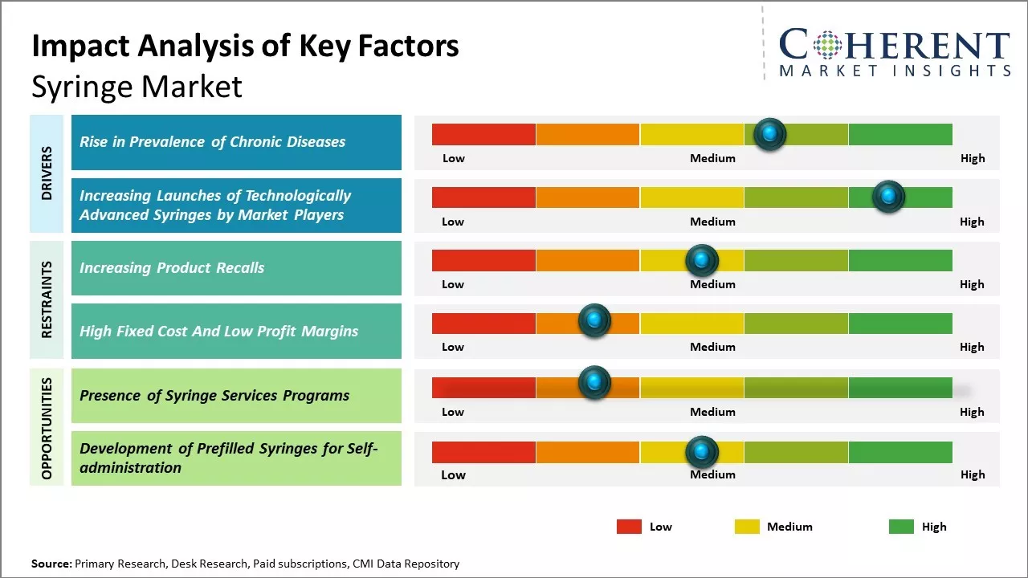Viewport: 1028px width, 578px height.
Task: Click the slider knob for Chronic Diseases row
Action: pos(770,134)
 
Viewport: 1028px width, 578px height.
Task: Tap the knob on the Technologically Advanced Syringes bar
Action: pos(888,197)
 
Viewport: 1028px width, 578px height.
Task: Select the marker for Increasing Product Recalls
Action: pos(702,260)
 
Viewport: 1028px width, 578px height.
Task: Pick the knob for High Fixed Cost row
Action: pos(594,321)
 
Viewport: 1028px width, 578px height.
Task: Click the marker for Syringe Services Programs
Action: pos(594,383)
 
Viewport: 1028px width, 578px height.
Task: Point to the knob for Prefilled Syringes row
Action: pos(702,452)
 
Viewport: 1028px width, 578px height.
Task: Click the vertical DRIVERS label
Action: pos(47,173)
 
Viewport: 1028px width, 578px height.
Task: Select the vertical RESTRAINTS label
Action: pos(47,299)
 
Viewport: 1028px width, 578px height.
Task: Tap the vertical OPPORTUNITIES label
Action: pos(47,428)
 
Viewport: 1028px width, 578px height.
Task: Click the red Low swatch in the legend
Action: pos(629,527)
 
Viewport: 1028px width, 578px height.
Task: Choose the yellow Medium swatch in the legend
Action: pos(747,527)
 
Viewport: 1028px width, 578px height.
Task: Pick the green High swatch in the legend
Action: pos(901,527)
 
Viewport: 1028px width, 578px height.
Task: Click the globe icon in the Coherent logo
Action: pos(826,46)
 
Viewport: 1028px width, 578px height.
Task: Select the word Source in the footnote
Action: pos(51,564)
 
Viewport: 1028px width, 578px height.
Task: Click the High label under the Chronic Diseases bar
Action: pos(972,158)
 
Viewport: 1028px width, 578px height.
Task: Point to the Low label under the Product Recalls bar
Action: pos(453,284)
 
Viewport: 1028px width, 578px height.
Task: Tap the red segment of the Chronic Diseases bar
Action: pos(483,134)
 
